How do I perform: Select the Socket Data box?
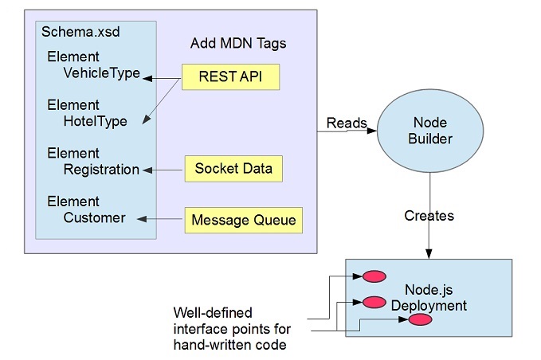pyautogui.click(x=233, y=169)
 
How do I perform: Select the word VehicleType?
pyautogui.click(x=102, y=73)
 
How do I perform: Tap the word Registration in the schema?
pyautogui.click(x=101, y=170)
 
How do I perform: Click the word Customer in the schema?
pyautogui.click(x=95, y=217)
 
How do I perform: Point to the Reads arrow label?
pyautogui.click(x=347, y=123)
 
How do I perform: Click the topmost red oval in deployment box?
pyautogui.click(x=374, y=276)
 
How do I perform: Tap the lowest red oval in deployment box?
pyautogui.click(x=421, y=320)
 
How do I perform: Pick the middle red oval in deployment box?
pyautogui.click(x=374, y=302)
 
